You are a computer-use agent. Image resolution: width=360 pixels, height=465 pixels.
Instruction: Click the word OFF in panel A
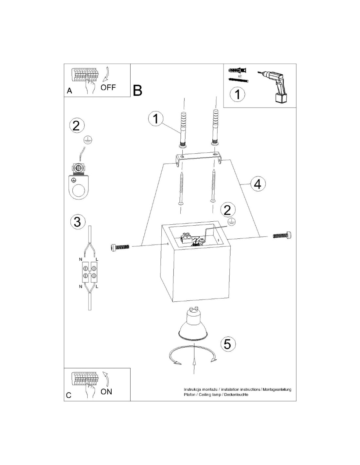(108, 87)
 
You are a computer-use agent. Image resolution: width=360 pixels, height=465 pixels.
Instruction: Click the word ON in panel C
(106, 392)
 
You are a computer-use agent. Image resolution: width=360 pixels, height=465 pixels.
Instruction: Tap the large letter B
(137, 90)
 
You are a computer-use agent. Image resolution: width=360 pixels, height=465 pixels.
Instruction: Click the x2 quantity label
(240, 76)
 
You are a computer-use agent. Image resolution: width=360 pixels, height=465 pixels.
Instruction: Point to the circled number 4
(258, 184)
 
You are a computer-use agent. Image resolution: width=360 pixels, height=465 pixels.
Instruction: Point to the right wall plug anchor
(215, 128)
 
